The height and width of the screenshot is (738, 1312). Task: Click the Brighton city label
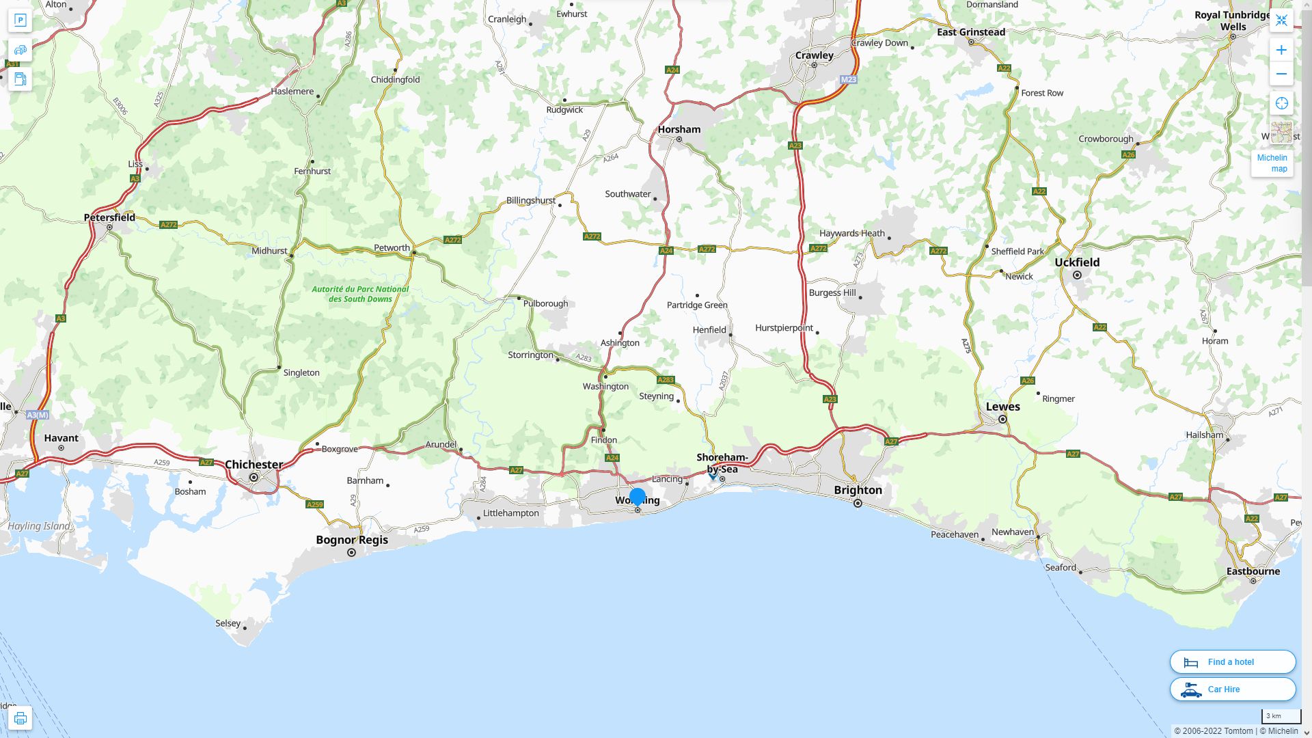coord(858,490)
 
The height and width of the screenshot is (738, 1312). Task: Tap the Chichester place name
coord(254,465)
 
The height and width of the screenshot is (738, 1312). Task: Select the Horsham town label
coord(679,129)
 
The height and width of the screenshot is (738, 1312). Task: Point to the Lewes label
coord(1002,407)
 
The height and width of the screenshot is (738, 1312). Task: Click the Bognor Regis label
coord(351,540)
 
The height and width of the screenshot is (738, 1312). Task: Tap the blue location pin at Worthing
coord(638,497)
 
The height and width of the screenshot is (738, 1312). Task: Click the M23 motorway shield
coord(848,80)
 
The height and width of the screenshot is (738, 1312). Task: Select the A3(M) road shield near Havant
coord(38,415)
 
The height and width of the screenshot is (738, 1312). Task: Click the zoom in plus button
coord(1281,50)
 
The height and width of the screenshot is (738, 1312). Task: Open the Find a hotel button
coord(1232,661)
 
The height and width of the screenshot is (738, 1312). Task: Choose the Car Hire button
coord(1232,689)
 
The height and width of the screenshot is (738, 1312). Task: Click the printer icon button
coord(20,717)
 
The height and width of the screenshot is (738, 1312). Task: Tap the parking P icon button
coord(20,20)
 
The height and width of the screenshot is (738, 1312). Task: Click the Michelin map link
coord(1272,163)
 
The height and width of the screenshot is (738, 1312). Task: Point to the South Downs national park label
coord(360,294)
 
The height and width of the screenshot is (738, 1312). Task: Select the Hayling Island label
coord(38,526)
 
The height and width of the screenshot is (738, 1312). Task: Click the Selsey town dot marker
coord(245,627)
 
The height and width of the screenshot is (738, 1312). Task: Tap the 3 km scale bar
coord(1281,717)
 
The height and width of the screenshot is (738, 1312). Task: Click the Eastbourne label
coord(1253,571)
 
